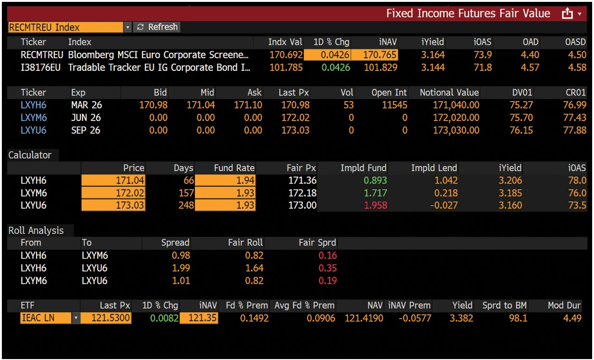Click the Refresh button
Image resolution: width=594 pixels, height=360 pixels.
pos(157,27)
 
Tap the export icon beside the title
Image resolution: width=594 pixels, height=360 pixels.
pos(567,14)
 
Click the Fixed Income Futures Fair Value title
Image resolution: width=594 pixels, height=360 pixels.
pos(468,14)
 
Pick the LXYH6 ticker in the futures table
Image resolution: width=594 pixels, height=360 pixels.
pos(34,105)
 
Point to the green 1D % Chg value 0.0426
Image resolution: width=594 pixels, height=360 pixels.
pos(335,68)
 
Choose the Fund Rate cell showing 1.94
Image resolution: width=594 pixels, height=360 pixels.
pos(225,180)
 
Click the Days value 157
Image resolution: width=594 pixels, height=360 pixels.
pos(186,193)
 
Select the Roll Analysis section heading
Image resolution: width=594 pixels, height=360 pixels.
pos(36,231)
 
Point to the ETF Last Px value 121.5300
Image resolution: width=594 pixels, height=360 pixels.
pos(106,319)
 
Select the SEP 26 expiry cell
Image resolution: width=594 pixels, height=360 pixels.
pos(86,130)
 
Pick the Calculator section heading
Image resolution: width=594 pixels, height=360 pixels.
pos(30,155)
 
